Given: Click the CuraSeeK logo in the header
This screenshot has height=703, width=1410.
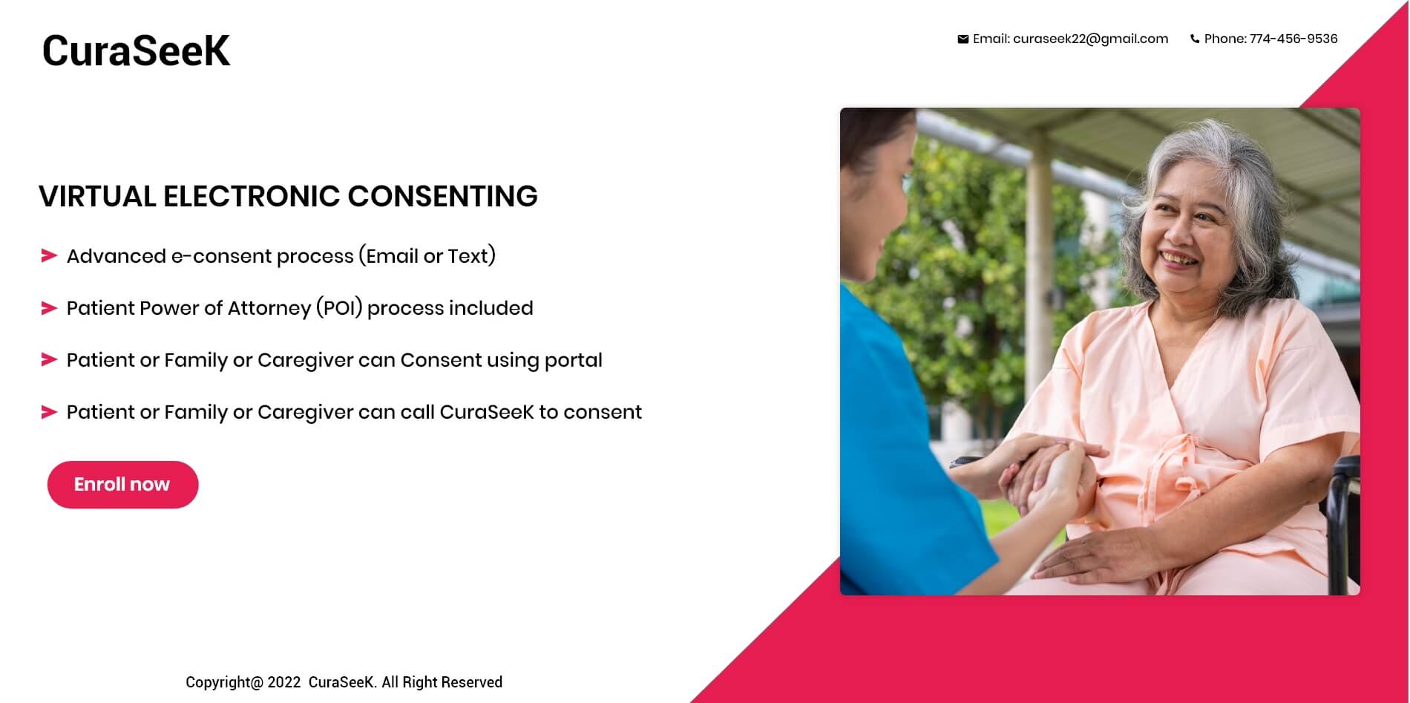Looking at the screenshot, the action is click(x=136, y=50).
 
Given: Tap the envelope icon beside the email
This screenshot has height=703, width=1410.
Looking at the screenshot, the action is click(x=963, y=39).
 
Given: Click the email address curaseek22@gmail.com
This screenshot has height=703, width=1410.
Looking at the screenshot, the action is click(x=1090, y=39).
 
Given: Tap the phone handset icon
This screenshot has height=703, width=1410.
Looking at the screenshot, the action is click(x=1195, y=39).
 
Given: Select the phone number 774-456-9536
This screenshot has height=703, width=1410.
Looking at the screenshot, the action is click(x=1293, y=39).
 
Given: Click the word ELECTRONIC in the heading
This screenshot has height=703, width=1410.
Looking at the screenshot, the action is click(x=252, y=197).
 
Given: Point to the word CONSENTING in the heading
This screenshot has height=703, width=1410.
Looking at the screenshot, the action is click(x=442, y=197).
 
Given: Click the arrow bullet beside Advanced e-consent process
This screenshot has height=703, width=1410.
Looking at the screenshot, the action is click(x=49, y=256).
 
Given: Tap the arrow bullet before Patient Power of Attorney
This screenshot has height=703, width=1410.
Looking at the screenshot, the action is click(x=49, y=308).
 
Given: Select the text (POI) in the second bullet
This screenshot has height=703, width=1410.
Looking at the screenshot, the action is click(x=339, y=308).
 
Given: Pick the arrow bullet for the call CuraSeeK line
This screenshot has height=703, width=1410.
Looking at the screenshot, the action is click(x=49, y=412).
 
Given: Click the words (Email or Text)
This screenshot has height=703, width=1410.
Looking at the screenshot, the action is click(x=427, y=256).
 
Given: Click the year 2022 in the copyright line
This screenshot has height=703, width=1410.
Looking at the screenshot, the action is click(x=284, y=682).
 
